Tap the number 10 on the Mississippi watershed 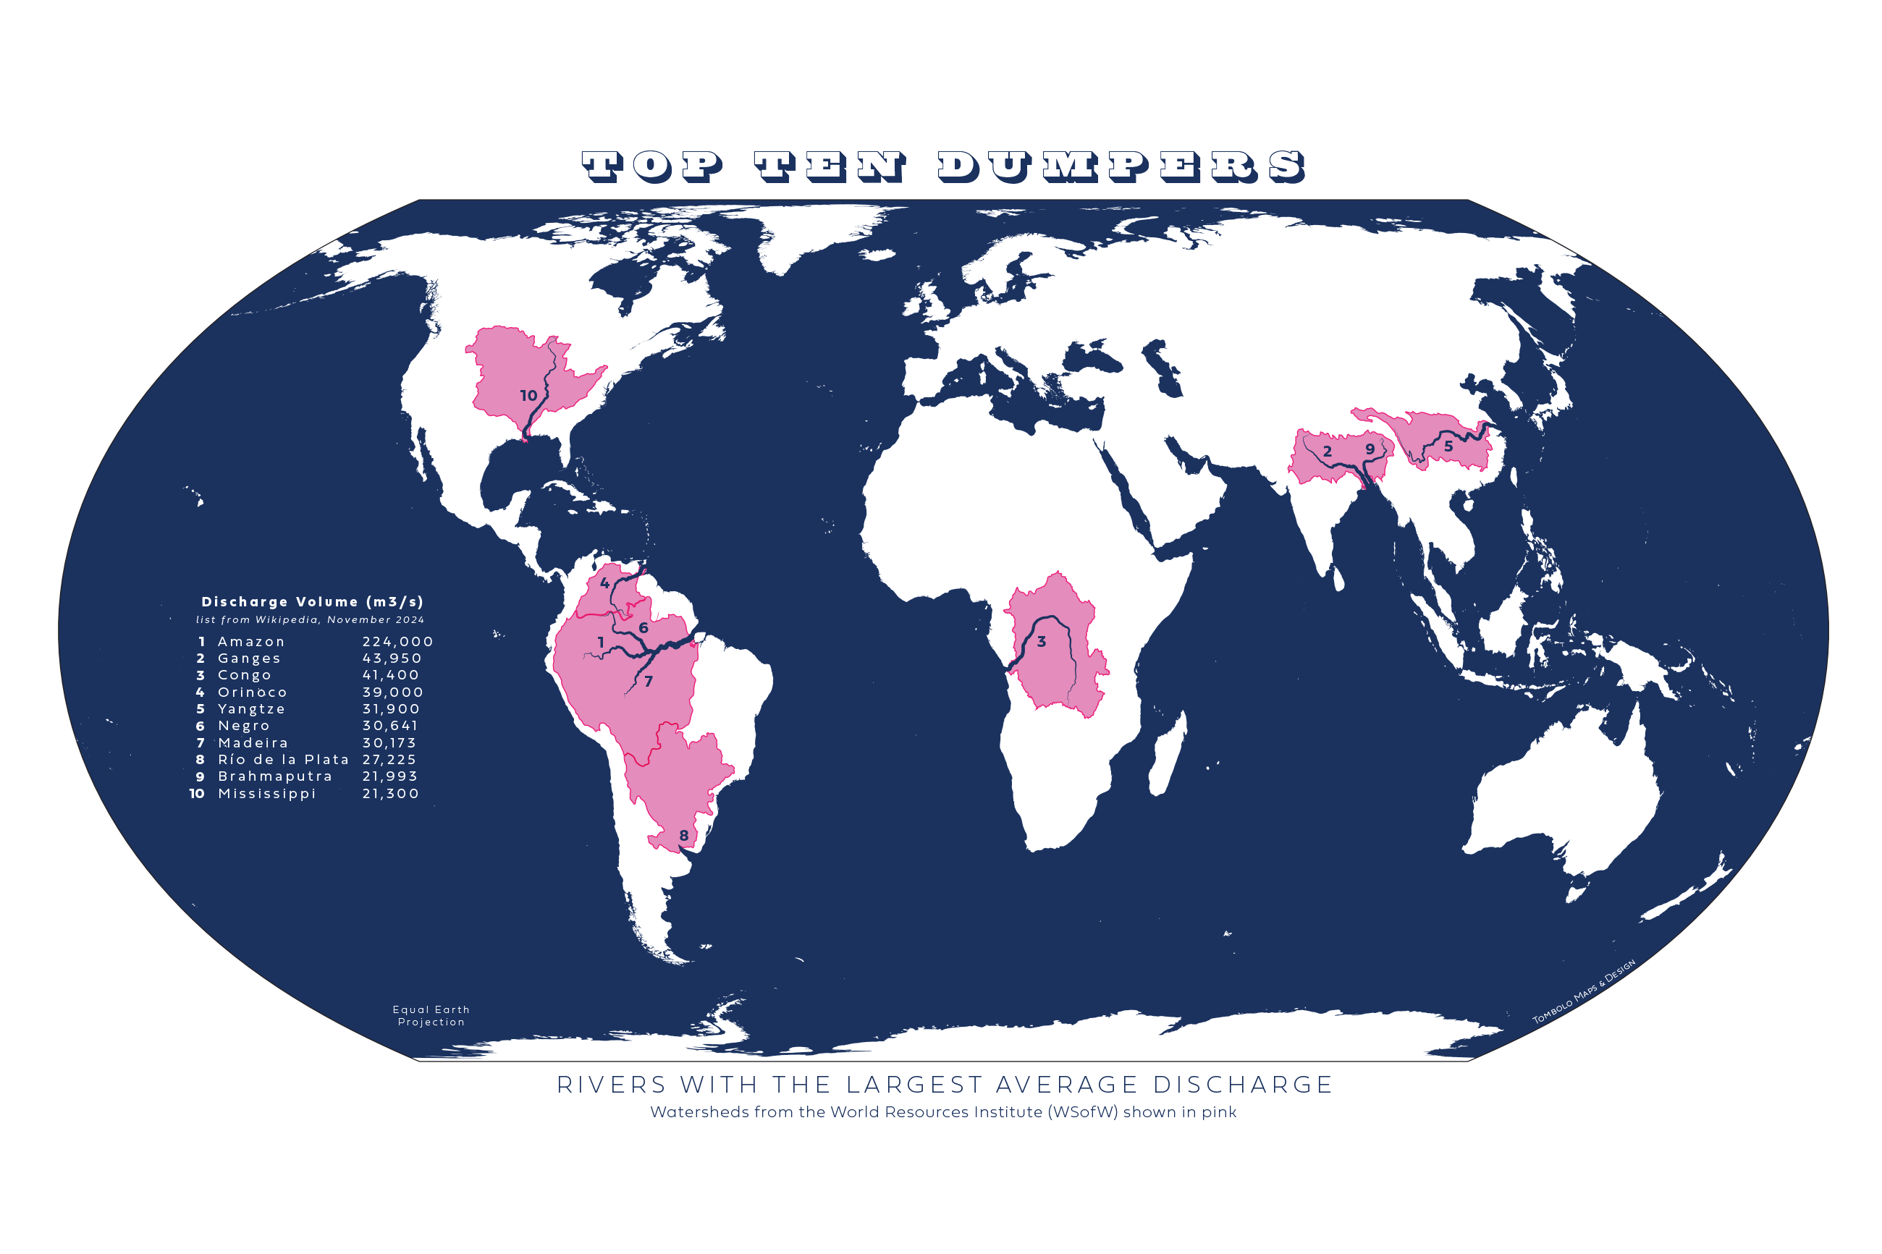pyautogui.click(x=528, y=395)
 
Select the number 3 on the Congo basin pyautogui.click(x=1041, y=641)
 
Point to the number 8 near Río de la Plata pyautogui.click(x=683, y=836)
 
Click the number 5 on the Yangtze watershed pyautogui.click(x=1448, y=446)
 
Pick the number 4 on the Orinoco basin pyautogui.click(x=604, y=583)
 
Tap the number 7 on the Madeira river pyautogui.click(x=648, y=682)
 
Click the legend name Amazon pyautogui.click(x=251, y=641)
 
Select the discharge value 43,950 pyautogui.click(x=391, y=658)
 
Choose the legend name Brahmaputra pyautogui.click(x=274, y=776)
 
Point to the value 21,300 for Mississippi pyautogui.click(x=390, y=793)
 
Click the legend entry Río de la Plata pyautogui.click(x=283, y=759)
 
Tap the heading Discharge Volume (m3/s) pyautogui.click(x=312, y=601)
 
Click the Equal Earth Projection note pyautogui.click(x=431, y=1016)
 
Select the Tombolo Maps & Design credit pyautogui.click(x=1583, y=991)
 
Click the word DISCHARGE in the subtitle pyautogui.click(x=1242, y=1085)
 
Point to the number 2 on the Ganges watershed pyautogui.click(x=1327, y=451)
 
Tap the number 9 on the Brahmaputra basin pyautogui.click(x=1370, y=449)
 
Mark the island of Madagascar pyautogui.click(x=1168, y=755)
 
